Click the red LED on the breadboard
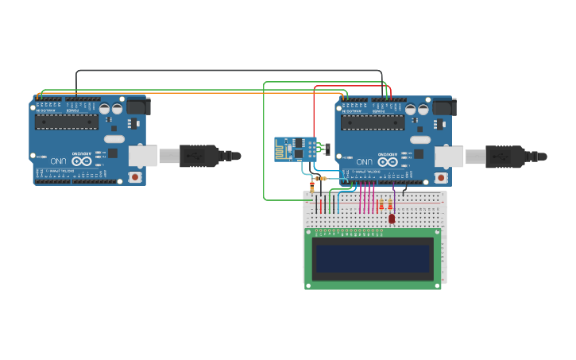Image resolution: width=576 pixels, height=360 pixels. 392,218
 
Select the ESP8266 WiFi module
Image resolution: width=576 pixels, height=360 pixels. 296,149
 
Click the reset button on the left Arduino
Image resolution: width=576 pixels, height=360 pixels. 135,176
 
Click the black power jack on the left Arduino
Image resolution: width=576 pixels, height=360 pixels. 137,106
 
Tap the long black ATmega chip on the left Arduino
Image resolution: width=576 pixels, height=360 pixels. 67,122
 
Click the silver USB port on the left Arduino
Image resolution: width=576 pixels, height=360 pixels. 143,155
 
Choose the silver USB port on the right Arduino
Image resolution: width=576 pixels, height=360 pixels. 449,156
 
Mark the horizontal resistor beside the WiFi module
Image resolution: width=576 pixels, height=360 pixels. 320,179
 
